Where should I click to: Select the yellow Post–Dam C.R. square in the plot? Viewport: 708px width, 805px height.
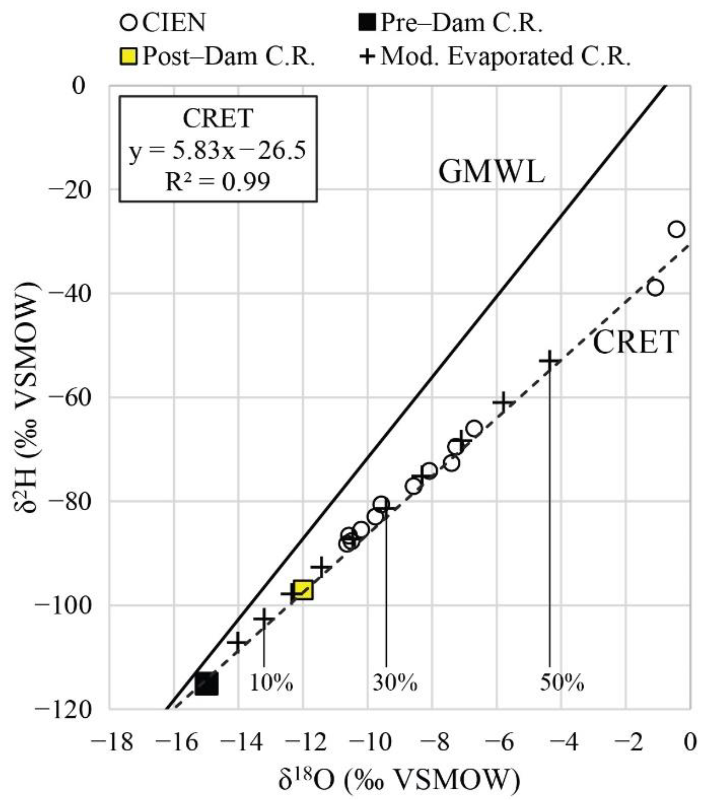[x=303, y=589]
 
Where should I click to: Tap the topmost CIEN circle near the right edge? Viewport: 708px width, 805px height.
[x=676, y=229]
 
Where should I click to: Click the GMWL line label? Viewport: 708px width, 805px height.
[x=492, y=172]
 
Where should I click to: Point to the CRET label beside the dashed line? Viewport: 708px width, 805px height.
[x=635, y=342]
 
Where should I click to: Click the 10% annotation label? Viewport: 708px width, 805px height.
[x=271, y=682]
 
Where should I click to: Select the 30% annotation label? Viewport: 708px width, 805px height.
[x=395, y=682]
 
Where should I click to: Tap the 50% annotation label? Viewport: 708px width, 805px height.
[x=561, y=682]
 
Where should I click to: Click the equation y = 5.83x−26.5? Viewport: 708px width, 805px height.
[x=218, y=151]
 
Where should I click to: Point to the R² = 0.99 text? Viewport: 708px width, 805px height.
[x=218, y=182]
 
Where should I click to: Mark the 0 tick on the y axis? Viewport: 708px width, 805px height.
[x=78, y=86]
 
